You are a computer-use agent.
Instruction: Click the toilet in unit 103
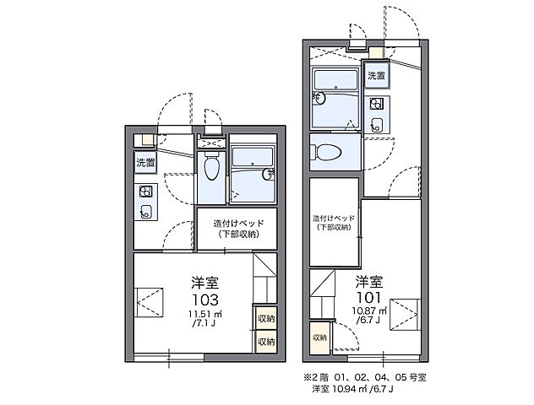pos(211,167)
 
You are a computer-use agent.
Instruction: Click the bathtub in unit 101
pos(335,87)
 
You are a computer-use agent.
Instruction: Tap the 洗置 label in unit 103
pos(144,162)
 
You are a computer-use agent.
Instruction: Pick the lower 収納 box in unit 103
pos(265,342)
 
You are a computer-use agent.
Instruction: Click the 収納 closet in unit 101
pos(319,337)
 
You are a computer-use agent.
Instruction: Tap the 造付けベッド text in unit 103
pos(238,224)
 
